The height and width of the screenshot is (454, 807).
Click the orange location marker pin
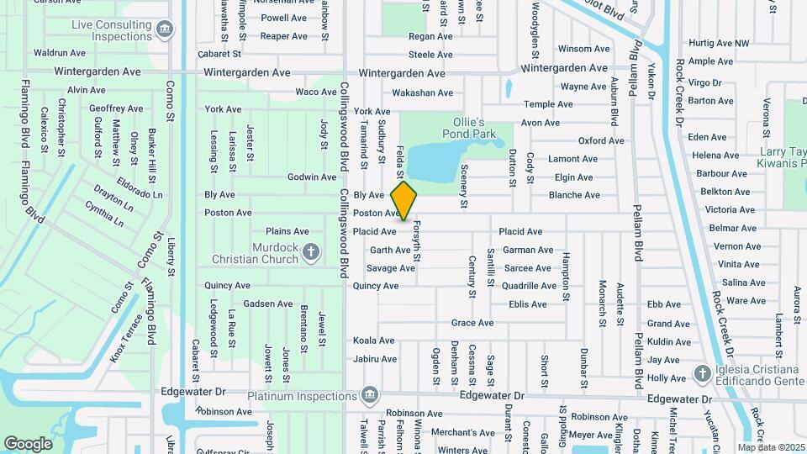404,200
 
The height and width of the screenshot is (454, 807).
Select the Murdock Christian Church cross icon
311,251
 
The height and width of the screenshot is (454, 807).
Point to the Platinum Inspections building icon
368,394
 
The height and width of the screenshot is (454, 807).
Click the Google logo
28,443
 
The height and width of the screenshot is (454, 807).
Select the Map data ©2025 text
770,447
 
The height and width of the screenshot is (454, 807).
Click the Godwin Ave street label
312,177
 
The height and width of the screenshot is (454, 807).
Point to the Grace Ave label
472,323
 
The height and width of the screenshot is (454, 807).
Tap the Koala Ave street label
374,340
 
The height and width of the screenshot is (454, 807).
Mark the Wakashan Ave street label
423,93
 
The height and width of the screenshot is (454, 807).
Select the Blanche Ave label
574,195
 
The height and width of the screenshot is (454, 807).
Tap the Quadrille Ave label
529,286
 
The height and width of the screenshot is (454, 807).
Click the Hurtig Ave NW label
718,43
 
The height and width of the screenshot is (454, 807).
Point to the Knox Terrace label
126,339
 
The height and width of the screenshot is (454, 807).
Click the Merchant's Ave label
463,433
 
